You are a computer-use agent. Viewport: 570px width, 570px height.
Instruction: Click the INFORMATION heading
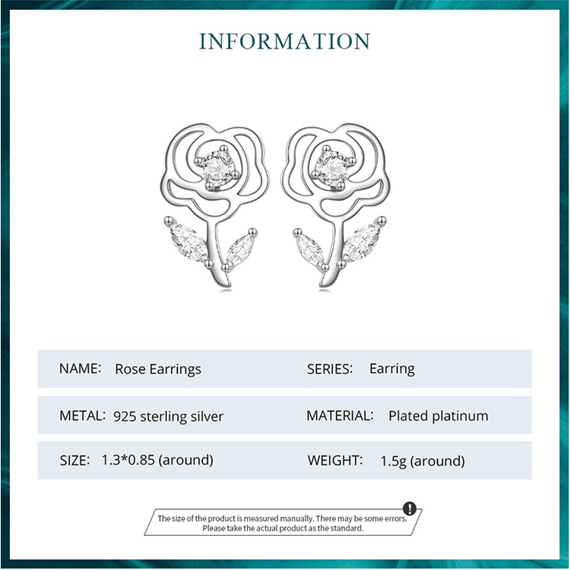(x=284, y=41)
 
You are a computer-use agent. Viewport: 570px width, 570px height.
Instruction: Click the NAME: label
(x=80, y=369)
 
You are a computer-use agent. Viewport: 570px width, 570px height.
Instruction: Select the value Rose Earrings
(x=158, y=369)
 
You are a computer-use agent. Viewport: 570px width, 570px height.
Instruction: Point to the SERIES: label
(x=330, y=369)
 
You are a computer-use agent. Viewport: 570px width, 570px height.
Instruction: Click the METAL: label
(x=82, y=416)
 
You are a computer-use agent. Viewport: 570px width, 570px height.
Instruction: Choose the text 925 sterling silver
(x=168, y=416)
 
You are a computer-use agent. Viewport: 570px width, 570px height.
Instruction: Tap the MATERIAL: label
(x=340, y=416)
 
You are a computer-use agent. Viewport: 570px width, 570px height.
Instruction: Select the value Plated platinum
(x=438, y=416)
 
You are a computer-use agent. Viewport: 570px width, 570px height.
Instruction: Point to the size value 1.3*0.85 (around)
(x=157, y=460)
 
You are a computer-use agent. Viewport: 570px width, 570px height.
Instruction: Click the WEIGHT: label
(x=334, y=460)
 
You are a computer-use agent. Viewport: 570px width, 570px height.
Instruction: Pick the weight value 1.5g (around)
(x=423, y=461)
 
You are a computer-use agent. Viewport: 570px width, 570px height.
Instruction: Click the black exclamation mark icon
(x=410, y=508)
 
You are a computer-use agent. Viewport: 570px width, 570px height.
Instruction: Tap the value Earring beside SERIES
(x=391, y=369)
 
